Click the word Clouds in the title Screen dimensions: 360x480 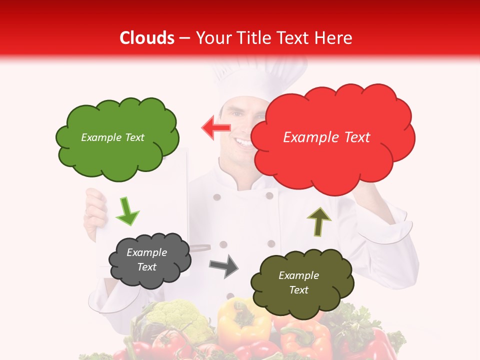(146, 38)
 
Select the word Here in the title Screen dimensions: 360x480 (334, 38)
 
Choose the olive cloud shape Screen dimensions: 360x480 (301, 282)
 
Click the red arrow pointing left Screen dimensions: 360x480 (216, 128)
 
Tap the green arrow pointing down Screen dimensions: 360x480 (127, 211)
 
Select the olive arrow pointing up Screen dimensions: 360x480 (319, 221)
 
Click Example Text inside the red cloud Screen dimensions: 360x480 (326, 137)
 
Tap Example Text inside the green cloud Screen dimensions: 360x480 (112, 137)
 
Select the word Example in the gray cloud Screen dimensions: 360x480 (146, 252)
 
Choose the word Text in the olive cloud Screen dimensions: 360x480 (298, 290)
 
